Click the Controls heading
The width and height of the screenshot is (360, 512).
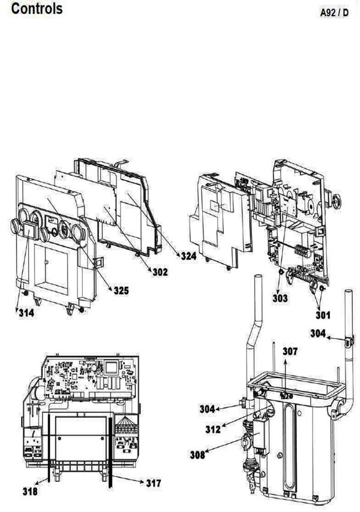[x=37, y=8]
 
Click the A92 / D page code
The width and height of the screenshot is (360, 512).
[x=334, y=13]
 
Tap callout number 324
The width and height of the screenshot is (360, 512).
[x=189, y=256]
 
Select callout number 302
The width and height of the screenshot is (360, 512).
[x=160, y=272]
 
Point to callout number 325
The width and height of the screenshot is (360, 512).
[x=121, y=291]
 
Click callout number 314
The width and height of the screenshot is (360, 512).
[x=26, y=313]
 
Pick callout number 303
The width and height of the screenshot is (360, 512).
[x=280, y=298]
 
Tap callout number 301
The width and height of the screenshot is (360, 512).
[x=323, y=315]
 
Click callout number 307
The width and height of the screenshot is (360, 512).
[x=290, y=351]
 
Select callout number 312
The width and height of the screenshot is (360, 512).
[x=213, y=429]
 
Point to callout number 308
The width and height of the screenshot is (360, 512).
[x=198, y=454]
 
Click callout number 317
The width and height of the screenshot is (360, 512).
[x=154, y=483]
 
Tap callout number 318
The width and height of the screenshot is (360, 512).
[x=30, y=491]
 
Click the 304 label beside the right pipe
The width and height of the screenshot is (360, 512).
[x=318, y=333]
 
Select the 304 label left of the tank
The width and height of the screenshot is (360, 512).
[x=208, y=409]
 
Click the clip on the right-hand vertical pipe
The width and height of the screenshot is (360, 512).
[x=349, y=342]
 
